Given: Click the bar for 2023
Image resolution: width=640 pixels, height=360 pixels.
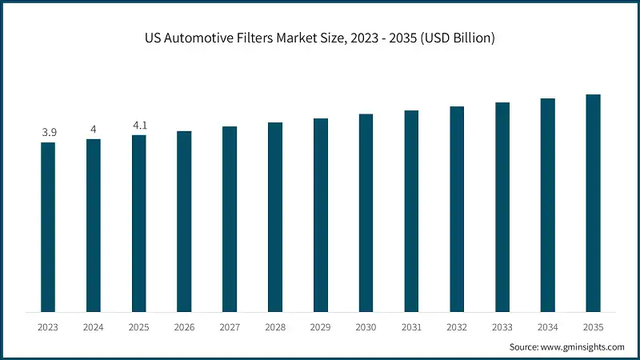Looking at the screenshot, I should (x=48, y=227).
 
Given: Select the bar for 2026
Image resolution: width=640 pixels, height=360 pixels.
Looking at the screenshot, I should (x=184, y=222).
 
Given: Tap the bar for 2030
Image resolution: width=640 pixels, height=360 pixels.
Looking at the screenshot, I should (x=366, y=213).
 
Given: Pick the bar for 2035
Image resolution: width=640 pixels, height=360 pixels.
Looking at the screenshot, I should (x=593, y=203).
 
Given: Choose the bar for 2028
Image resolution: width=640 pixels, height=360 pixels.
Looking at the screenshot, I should (x=275, y=217).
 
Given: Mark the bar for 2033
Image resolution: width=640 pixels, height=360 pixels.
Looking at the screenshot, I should (x=502, y=207).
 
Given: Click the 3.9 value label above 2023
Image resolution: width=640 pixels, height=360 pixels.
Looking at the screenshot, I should (x=48, y=132).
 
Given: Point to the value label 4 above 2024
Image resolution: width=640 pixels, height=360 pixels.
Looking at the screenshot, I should (x=94, y=129).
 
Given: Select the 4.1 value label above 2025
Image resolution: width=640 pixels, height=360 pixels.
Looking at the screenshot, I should (x=139, y=125).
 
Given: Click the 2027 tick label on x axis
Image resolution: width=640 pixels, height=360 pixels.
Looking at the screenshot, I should (x=230, y=327).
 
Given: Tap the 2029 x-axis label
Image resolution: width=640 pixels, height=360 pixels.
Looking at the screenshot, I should (x=321, y=327).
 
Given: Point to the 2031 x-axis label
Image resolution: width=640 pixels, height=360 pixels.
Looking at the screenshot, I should (x=411, y=327).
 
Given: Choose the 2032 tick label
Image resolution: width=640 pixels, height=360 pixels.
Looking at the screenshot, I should (x=457, y=327).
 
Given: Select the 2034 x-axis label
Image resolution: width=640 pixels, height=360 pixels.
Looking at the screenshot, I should (x=547, y=327).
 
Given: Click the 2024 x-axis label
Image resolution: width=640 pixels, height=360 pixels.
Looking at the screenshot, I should (x=94, y=327).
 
